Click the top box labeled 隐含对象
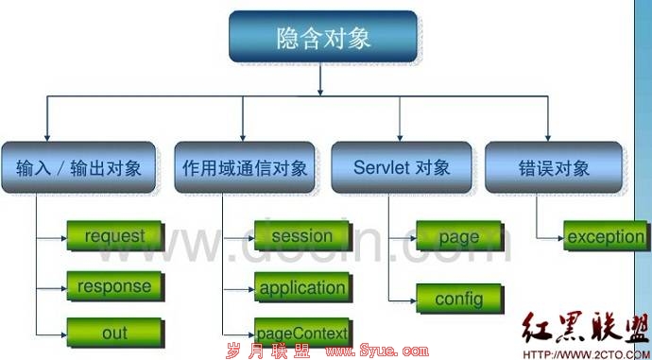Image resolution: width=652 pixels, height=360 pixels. pyautogui.click(x=322, y=37)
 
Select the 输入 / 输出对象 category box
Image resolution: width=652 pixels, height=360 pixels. pyautogui.click(x=78, y=167)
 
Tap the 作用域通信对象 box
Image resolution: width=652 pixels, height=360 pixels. pyautogui.click(x=245, y=167)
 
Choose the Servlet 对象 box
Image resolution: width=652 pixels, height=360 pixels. pyautogui.click(x=402, y=167)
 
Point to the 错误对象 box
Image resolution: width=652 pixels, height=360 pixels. pyautogui.click(x=554, y=167)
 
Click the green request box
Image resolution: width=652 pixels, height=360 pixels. pyautogui.click(x=114, y=235)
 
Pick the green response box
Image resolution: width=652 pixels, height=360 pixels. pyautogui.click(x=114, y=286)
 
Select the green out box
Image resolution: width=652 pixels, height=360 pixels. pyautogui.click(x=114, y=333)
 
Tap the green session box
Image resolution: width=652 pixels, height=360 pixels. pyautogui.click(x=301, y=235)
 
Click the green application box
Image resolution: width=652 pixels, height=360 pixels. pyautogui.click(x=301, y=287)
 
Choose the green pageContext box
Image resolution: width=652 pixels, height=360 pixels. pyautogui.click(x=301, y=333)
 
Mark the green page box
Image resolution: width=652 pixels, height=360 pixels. pyautogui.click(x=458, y=235)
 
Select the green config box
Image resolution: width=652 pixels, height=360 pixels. pyautogui.click(x=458, y=299)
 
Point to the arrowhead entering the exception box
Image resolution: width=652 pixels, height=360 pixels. pyautogui.click(x=561, y=238)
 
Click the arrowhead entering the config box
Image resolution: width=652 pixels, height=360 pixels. pyautogui.click(x=413, y=300)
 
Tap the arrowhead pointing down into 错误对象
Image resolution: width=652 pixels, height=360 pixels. pyautogui.click(x=547, y=139)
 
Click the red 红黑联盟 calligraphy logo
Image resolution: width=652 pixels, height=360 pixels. pyautogui.click(x=584, y=329)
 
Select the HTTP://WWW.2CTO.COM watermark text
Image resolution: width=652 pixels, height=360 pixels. pyautogui.click(x=587, y=354)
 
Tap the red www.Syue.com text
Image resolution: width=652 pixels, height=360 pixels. pyautogui.click(x=377, y=351)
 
